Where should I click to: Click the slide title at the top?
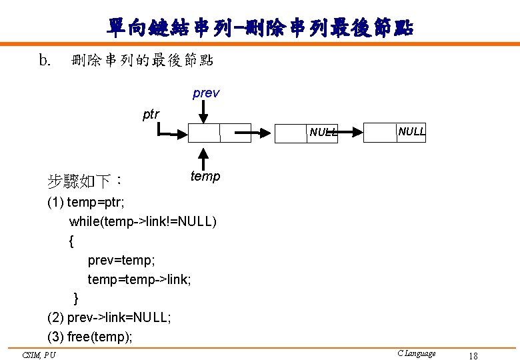(260, 27)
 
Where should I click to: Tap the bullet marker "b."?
(45, 61)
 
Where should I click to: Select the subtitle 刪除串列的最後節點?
(142, 61)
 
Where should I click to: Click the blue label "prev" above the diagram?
(205, 93)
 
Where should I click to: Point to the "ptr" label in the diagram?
(151, 114)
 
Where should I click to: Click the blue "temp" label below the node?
(205, 176)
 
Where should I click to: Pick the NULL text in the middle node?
(323, 132)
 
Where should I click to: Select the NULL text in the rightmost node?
(411, 131)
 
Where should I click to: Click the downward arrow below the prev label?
(203, 113)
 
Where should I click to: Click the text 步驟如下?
(84, 180)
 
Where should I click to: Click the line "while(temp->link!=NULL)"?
(143, 221)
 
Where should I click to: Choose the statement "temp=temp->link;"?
(139, 279)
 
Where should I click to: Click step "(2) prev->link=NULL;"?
(109, 317)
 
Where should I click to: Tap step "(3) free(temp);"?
(90, 337)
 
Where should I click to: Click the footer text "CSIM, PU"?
(39, 354)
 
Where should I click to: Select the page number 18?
(473, 355)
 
